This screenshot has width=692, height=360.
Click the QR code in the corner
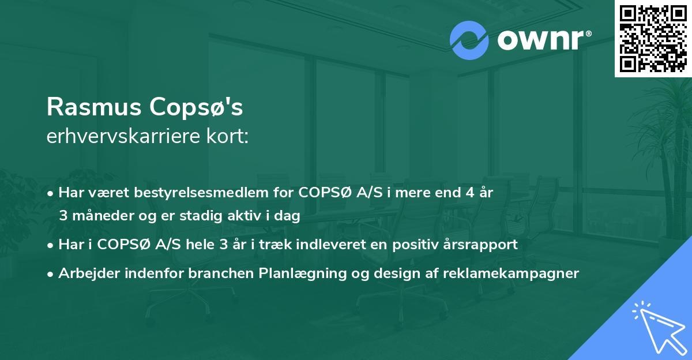(x=653, y=38)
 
